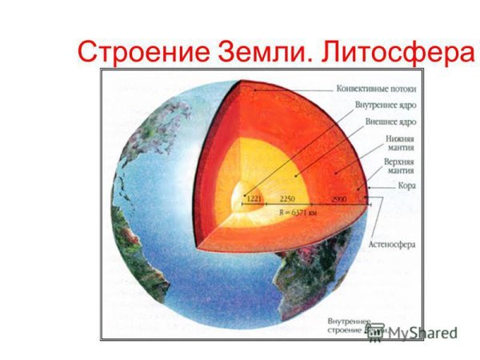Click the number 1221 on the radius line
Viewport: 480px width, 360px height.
(254, 198)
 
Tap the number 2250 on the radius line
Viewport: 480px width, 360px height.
(286, 198)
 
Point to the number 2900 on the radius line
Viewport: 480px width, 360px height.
(340, 198)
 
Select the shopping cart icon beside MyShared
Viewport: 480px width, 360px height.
(374, 331)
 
